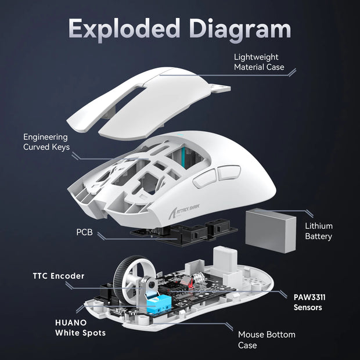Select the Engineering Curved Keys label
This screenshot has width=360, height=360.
pos(46,142)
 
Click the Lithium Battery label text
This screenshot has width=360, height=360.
pos(319,231)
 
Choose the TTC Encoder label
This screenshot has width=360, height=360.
pos(57,276)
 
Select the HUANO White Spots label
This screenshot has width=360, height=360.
pos(81,327)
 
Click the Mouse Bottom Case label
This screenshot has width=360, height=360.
pos(267,340)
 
